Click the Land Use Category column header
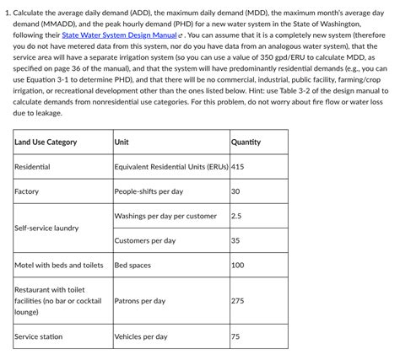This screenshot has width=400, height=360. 46,142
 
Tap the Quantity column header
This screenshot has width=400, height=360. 246,142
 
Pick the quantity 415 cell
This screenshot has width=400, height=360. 237,167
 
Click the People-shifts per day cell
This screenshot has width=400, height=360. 148,191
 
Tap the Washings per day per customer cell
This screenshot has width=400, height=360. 165,216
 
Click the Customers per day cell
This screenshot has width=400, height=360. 144,240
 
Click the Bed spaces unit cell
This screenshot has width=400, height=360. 132,265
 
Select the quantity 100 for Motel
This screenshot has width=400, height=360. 237,265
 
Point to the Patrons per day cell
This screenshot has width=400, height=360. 139,301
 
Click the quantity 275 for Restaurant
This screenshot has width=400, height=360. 237,301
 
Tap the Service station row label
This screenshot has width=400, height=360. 38,336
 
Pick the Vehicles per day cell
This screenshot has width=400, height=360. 140,336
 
